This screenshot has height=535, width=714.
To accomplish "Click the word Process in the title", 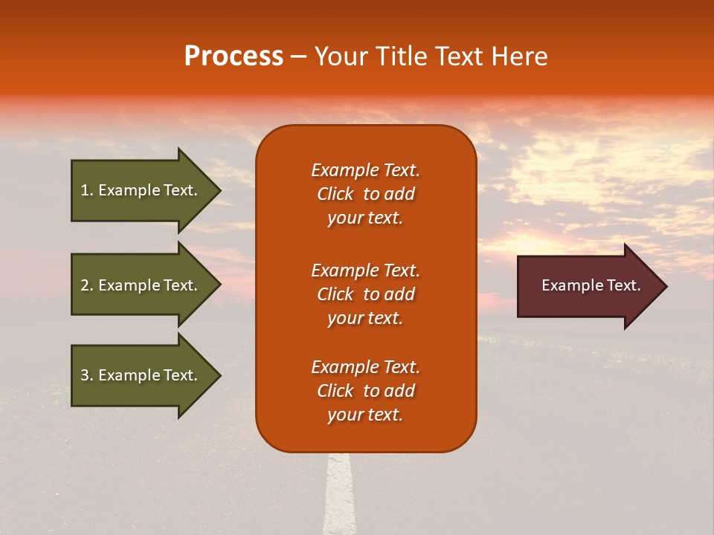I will [234, 56].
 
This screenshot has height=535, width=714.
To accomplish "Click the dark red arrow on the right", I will [588, 286].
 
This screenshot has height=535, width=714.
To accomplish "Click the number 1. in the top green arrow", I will [87, 190].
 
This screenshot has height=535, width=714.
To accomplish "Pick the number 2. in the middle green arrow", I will [87, 285].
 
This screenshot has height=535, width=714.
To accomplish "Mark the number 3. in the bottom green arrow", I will [87, 375].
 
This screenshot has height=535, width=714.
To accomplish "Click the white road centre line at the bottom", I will [339, 498].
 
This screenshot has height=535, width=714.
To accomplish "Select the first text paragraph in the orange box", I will [365, 194].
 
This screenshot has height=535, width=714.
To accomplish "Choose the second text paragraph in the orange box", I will [365, 294].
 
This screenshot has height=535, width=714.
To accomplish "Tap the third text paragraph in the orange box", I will [365, 391].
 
